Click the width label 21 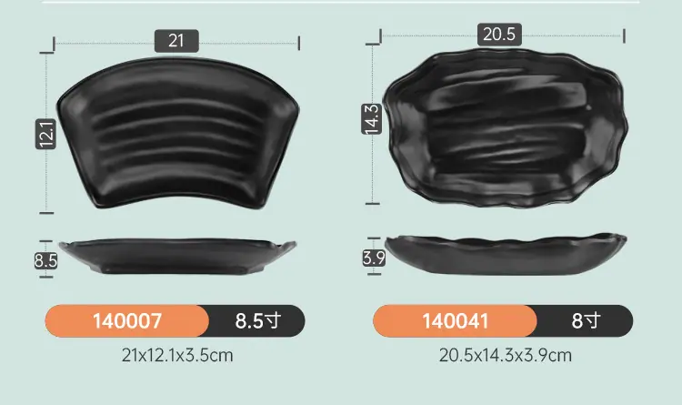176,41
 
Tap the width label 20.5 499,34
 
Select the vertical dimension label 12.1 45,134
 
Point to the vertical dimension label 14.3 371,119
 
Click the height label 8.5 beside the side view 45,261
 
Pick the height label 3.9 374,258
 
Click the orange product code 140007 127,321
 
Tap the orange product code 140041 455,321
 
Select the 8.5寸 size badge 257,321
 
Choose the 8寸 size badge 585,321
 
